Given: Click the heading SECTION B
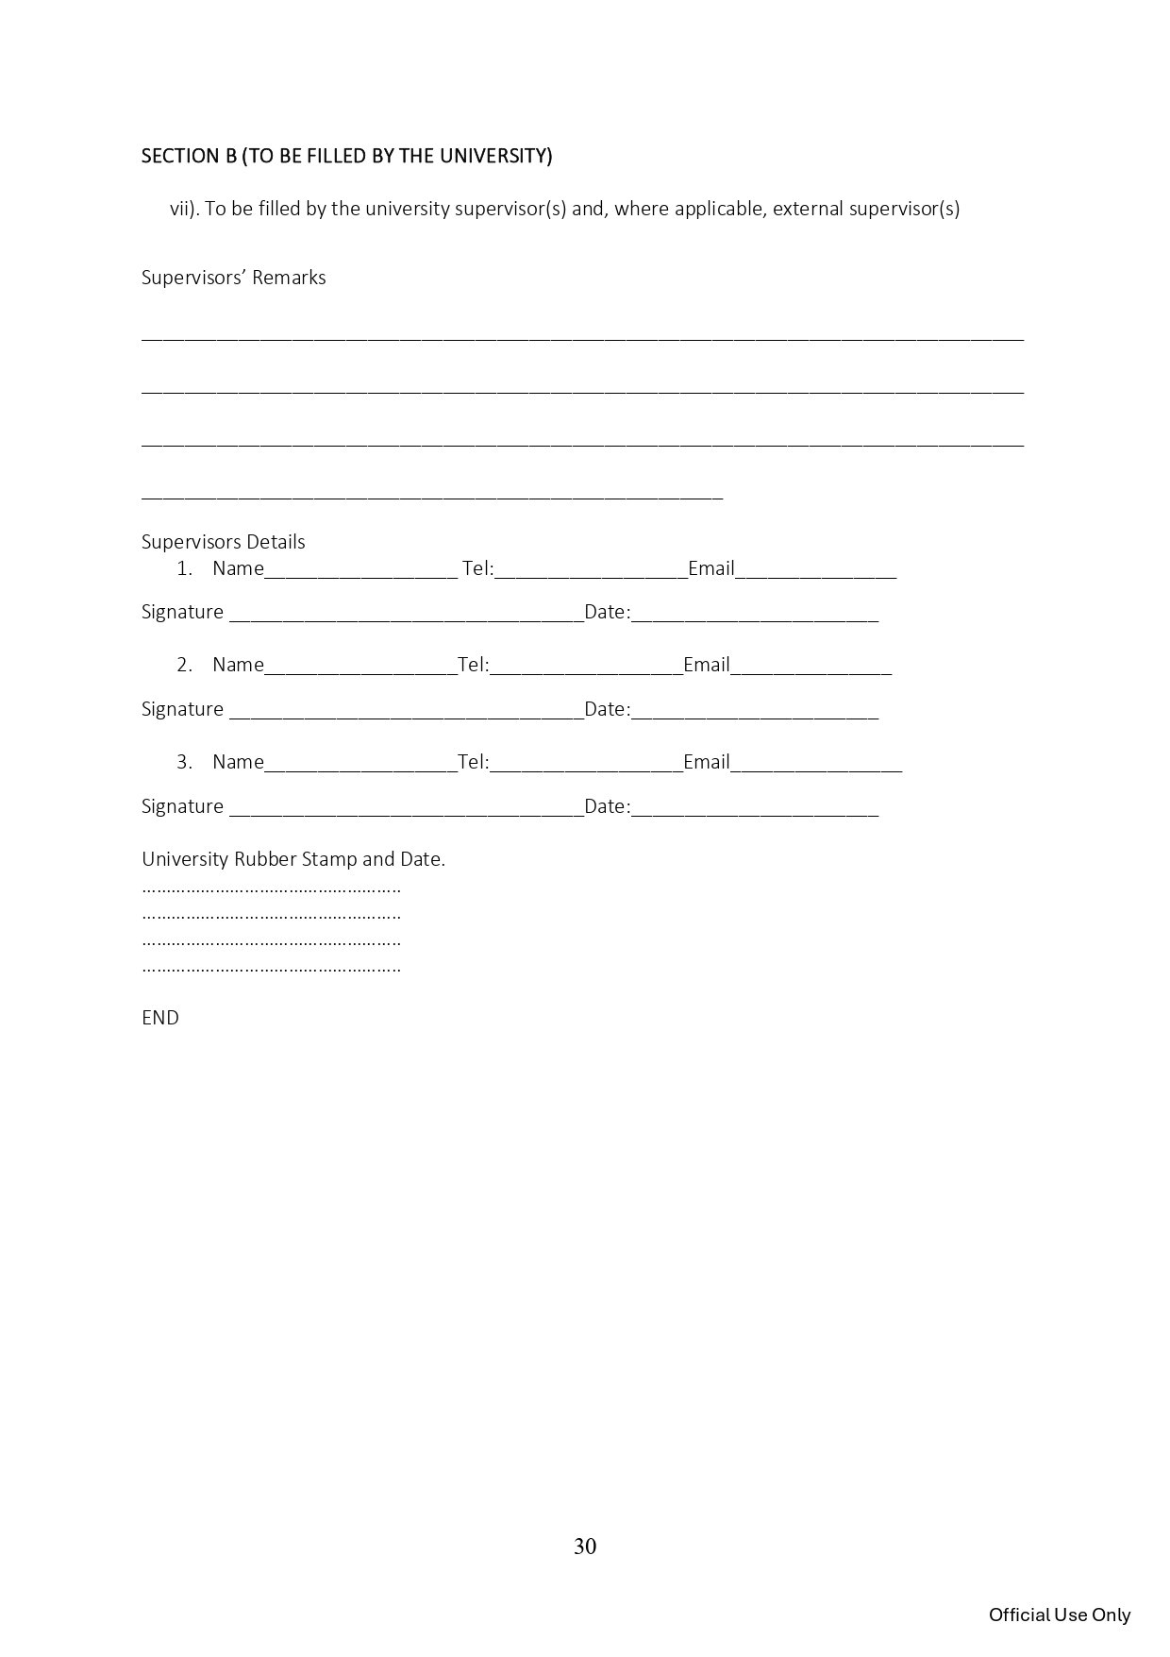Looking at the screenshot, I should [x=346, y=156].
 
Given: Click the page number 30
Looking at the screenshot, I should [x=585, y=1547].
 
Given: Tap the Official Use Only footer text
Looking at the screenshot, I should [x=1059, y=1615].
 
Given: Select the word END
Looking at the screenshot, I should [x=160, y=1018].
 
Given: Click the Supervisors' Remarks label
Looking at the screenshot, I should [x=234, y=278].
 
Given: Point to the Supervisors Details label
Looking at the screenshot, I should [x=224, y=542].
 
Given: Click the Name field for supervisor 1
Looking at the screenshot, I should [x=360, y=570].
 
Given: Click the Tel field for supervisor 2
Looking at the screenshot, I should [x=586, y=667].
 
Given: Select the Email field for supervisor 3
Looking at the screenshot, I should [x=816, y=764].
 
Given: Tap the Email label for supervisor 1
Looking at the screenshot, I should [x=710, y=568].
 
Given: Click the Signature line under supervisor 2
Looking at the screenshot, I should [x=407, y=711].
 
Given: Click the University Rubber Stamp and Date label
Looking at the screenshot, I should [x=293, y=859].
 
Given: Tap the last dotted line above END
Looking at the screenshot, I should [x=272, y=969].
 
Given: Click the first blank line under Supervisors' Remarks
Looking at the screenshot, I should [x=582, y=335].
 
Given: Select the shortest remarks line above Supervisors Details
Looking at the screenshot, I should [x=432, y=495].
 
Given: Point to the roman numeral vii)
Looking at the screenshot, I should [x=184, y=210].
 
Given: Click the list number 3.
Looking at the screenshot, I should [x=184, y=762].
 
